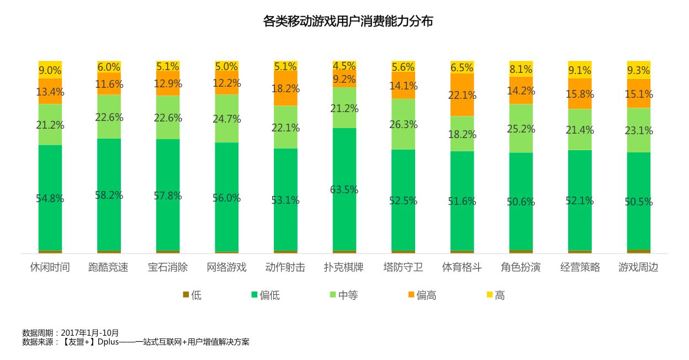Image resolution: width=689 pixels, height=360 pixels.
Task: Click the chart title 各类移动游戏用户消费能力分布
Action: pos(348,22)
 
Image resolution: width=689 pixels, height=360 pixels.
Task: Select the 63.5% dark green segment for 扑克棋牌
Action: pos(344,189)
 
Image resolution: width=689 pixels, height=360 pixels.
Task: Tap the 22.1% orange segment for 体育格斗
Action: pos(462,95)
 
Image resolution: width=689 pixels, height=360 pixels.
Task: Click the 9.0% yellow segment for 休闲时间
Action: pos(50,70)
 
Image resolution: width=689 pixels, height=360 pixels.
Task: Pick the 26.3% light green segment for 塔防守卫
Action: pos(403,124)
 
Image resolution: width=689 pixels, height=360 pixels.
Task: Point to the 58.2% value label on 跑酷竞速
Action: pos(109,195)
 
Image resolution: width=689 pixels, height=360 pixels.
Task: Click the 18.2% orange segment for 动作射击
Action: pos(285,88)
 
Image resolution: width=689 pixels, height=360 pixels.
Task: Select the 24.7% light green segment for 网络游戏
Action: pos(226,119)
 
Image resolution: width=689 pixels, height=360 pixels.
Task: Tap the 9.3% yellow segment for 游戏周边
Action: pos(639,70)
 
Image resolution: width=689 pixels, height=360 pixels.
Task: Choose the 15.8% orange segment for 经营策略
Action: pos(580,94)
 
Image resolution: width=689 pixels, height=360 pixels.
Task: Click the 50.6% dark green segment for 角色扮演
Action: pos(521,202)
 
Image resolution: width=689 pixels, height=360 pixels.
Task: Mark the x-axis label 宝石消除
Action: pos(168,268)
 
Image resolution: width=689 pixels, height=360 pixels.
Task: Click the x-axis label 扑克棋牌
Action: pos(344,268)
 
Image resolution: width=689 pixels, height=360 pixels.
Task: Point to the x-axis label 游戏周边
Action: pos(638,268)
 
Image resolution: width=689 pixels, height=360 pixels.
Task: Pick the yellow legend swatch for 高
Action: pos(489,295)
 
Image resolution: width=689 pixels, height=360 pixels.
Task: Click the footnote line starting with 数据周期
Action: pos(71,333)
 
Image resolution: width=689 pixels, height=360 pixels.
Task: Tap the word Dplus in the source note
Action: pos(109,342)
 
